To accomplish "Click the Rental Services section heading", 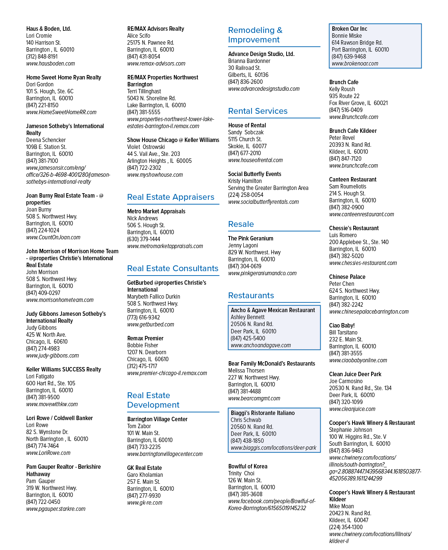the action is [x=257, y=111].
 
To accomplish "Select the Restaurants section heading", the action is [x=251, y=295].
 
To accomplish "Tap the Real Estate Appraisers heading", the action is [x=171, y=197].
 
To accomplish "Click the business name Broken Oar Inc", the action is [x=350, y=29].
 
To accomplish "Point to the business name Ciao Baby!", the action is [x=342, y=325].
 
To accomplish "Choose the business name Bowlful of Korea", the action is [x=248, y=466].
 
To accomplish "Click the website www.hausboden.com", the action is [x=51, y=64].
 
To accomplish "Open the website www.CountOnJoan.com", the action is [x=53, y=237].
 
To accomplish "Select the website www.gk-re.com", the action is [x=145, y=503].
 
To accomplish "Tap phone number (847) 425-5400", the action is [x=248, y=338].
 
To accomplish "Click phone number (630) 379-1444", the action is [x=143, y=239].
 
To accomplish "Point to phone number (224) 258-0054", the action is [x=246, y=195].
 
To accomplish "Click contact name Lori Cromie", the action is [x=39, y=35].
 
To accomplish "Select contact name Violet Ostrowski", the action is [x=146, y=147].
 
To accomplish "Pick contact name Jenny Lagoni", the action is [x=243, y=245].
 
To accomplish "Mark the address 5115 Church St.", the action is [x=245, y=139].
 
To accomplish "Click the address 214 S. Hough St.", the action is [x=347, y=194].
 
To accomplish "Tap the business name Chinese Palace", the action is [x=347, y=277].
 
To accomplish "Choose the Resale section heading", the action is [x=241, y=224].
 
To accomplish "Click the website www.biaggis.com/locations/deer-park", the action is [x=273, y=448].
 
